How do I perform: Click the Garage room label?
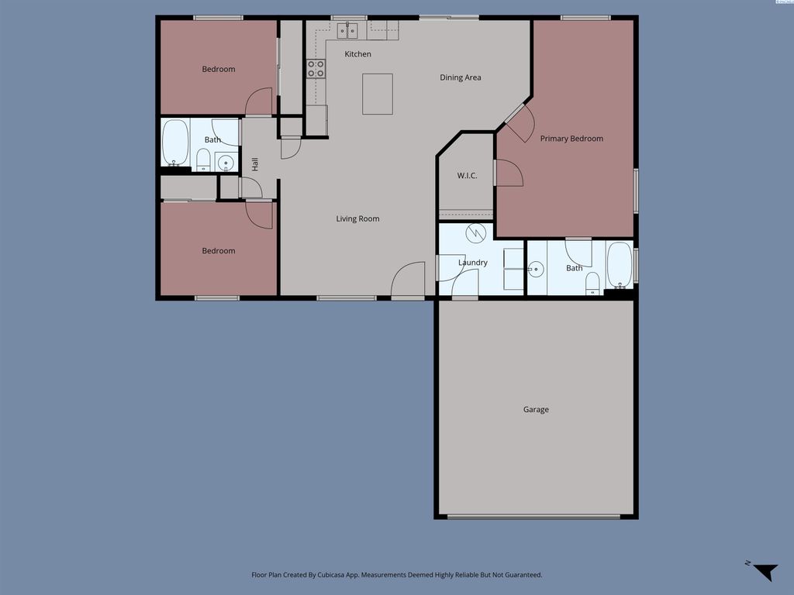[x=536, y=409]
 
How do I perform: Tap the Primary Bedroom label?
[x=571, y=139]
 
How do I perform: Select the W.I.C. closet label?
[x=467, y=176]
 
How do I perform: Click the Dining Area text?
[x=461, y=77]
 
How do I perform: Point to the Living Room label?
[x=357, y=218]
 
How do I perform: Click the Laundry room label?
[x=473, y=263]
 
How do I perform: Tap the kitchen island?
[x=378, y=94]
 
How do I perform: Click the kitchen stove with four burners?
[x=316, y=69]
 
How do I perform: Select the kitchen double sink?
[x=347, y=30]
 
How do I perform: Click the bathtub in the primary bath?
[x=619, y=265]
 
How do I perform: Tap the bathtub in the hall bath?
[x=175, y=141]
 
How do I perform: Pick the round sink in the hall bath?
[x=225, y=163]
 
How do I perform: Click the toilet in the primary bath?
[x=592, y=283]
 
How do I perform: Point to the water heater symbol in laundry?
[x=475, y=232]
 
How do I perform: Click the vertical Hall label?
[x=254, y=164]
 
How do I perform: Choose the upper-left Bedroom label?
[x=219, y=69]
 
